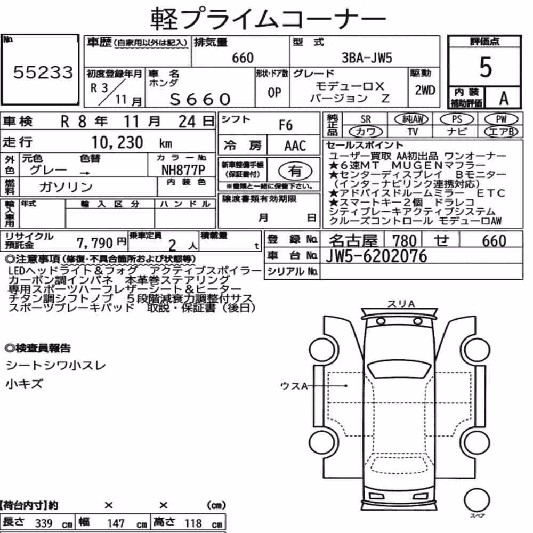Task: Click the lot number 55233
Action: [43, 72]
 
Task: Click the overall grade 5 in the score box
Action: [486, 67]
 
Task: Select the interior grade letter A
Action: [504, 98]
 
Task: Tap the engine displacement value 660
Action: [243, 58]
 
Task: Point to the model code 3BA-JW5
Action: [367, 58]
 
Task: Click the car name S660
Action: [200, 99]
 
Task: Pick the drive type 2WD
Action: [425, 90]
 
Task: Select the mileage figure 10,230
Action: [117, 142]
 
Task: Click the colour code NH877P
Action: [183, 169]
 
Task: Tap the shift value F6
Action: [286, 125]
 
